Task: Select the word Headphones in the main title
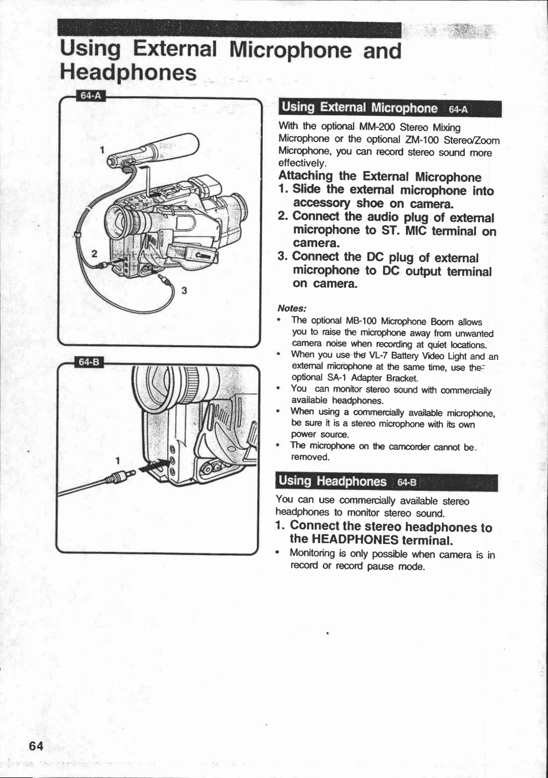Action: click(128, 73)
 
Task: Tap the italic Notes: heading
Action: click(292, 309)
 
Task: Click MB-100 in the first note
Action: click(361, 321)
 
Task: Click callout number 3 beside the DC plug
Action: click(185, 290)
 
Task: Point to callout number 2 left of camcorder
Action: click(94, 254)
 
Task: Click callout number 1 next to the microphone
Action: click(102, 150)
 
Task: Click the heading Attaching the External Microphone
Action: click(380, 177)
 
